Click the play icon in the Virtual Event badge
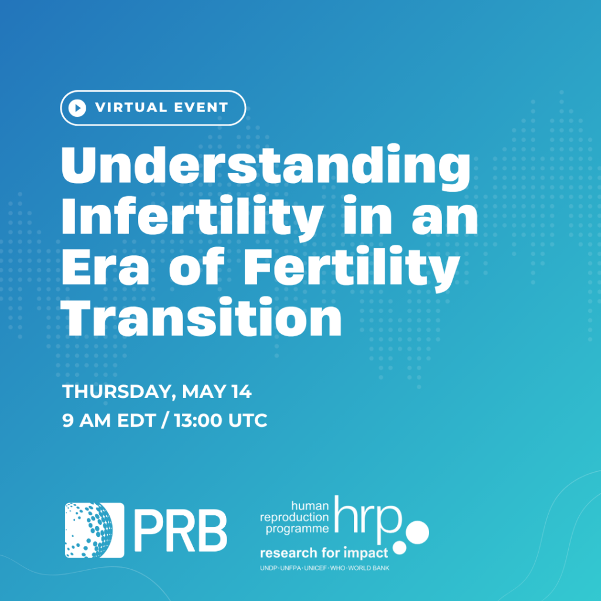point(77,108)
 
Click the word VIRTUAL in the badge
point(131,108)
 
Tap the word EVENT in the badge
point(201,108)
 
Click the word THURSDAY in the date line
point(117,392)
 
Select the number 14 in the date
point(241,391)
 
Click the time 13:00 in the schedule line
point(198,420)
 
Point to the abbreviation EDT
point(136,420)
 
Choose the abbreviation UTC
point(248,420)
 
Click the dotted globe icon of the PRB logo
point(94,530)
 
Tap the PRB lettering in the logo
point(181,531)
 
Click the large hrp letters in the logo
point(368,518)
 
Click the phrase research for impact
point(324,553)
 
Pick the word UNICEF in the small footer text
point(315,568)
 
